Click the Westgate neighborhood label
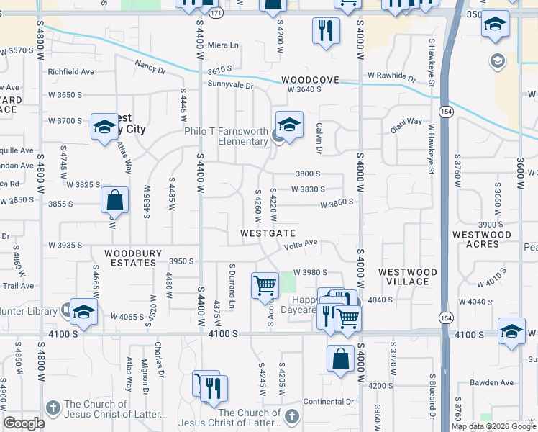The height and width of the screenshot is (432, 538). point(268,233)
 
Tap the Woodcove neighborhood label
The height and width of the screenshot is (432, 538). point(310,80)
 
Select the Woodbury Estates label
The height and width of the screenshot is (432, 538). point(130,258)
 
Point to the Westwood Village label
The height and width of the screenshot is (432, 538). point(407,276)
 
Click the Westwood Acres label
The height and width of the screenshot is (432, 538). point(481,239)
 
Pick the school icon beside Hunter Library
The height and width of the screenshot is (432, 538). point(83,312)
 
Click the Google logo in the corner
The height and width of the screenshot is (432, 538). point(24,423)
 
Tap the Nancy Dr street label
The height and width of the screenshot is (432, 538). point(150,68)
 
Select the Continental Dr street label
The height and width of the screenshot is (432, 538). point(329,401)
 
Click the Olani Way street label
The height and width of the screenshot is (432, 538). point(406,122)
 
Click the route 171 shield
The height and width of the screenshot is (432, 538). point(216,14)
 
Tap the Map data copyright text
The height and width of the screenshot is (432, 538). point(493,426)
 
